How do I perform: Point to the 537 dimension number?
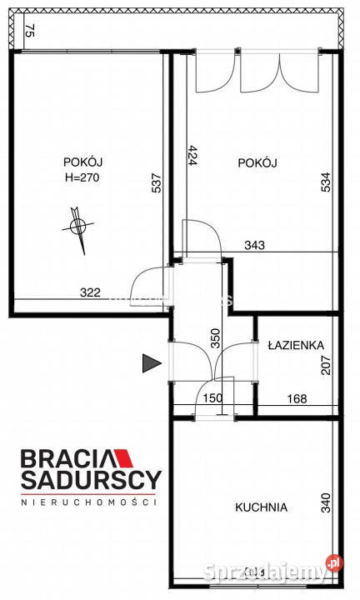pyautogui.click(x=156, y=182)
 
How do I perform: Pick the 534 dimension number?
pyautogui.click(x=325, y=182)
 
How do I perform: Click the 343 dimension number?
pyautogui.click(x=255, y=245)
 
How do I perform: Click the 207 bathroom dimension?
pyautogui.click(x=325, y=364)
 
